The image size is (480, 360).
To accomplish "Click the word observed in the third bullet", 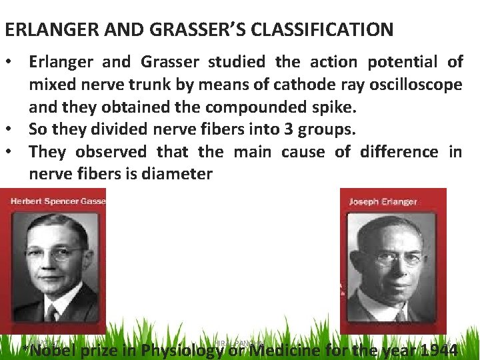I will coord(111,151).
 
